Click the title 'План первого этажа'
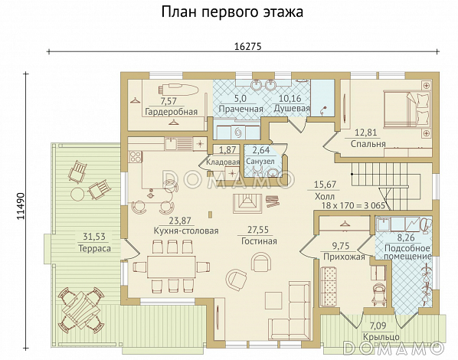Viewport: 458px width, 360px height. point(232,12)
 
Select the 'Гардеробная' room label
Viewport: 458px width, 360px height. point(171,112)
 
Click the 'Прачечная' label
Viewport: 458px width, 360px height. point(240,110)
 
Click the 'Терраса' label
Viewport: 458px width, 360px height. point(94,249)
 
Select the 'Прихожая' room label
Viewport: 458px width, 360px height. point(341,257)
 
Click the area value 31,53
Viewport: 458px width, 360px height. point(95,237)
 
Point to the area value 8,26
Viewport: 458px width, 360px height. point(405,237)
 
